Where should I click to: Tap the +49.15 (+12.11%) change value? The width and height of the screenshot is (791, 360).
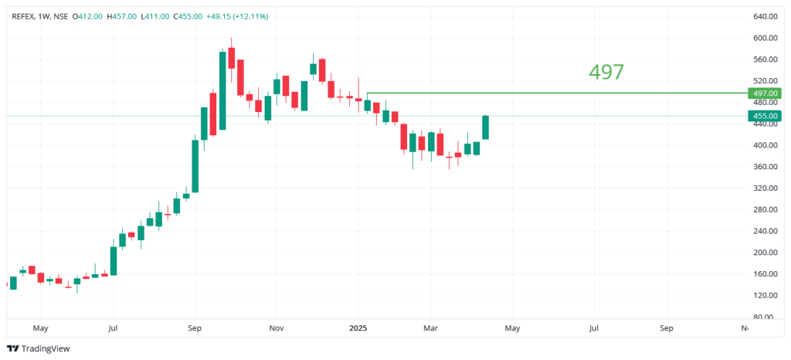pos(238,15)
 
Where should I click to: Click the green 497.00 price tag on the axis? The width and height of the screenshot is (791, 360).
pos(765,93)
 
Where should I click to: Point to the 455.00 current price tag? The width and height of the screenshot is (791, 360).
pos(765,116)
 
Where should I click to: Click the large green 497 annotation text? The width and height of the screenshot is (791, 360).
pos(606,72)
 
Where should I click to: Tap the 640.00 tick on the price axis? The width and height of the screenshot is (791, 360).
pos(764,16)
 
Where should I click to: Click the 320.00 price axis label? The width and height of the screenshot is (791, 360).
pos(764,188)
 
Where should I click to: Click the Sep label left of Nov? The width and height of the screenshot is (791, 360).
pos(195,328)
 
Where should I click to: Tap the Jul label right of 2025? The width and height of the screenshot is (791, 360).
pos(593,328)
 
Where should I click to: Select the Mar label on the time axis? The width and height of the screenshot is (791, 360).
pos(431,328)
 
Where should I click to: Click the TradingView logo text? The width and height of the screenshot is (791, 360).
pos(45,348)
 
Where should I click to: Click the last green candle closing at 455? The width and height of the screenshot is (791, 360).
pos(486,127)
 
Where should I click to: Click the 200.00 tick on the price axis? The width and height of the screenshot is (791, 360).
pos(764,253)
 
